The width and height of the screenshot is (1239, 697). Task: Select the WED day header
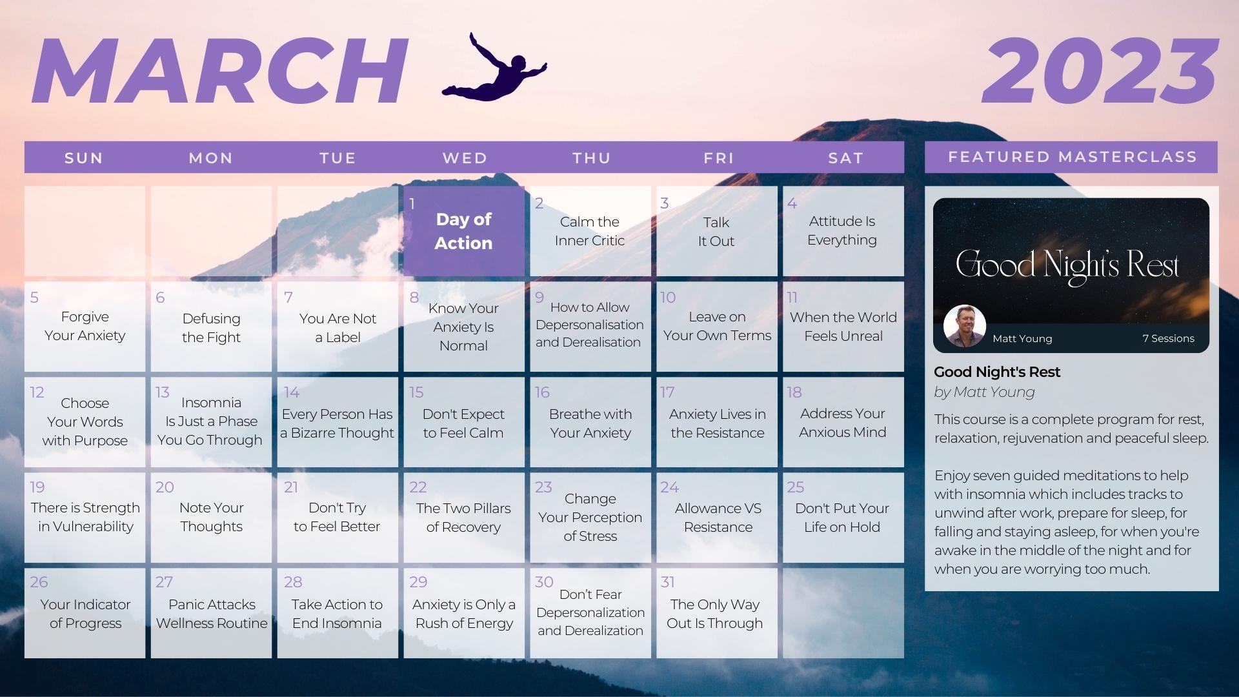tap(465, 158)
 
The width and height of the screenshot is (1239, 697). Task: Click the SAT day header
tap(845, 158)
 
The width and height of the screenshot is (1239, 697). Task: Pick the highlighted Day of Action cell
tap(464, 231)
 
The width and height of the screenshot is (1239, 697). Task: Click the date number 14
tap(292, 392)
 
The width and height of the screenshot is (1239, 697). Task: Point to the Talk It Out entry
tap(716, 232)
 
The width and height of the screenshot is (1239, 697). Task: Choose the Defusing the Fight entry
tap(211, 328)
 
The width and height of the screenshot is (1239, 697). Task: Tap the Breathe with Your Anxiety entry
tap(590, 423)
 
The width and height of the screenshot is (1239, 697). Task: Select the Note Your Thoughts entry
tap(211, 517)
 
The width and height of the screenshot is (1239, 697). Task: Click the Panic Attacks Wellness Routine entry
tap(212, 614)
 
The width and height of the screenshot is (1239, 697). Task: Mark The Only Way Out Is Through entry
tap(715, 614)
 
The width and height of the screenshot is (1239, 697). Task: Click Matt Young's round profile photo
tap(964, 326)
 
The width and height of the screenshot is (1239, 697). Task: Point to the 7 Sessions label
tap(1168, 338)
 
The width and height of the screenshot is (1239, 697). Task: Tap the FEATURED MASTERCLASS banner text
tap(1072, 157)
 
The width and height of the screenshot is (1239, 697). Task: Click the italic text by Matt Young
tap(984, 392)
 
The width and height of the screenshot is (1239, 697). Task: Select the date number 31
tap(667, 582)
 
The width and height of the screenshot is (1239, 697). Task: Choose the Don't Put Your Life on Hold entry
tap(842, 518)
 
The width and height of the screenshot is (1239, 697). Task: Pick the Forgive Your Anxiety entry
tap(85, 326)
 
